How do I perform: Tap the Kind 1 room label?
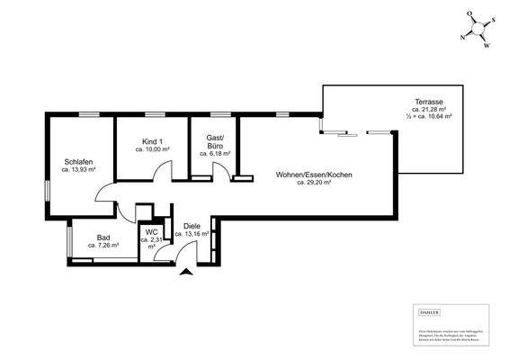152,141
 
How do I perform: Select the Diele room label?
192,226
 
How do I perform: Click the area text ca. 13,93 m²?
79,169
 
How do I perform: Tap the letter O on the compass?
469,15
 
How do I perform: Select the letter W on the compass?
486,45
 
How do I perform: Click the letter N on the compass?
462,37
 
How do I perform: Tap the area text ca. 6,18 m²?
215,154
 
